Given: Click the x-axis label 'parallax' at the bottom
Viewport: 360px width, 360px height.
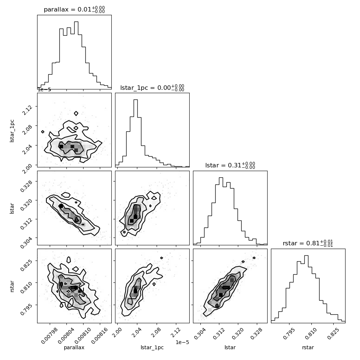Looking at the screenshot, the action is coord(74,347).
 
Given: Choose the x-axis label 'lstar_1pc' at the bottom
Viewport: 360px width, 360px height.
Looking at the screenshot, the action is coord(152,347).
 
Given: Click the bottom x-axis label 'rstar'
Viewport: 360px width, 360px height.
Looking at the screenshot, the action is coord(308,347).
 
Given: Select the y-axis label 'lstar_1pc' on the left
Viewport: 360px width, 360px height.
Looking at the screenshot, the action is coord(12,131).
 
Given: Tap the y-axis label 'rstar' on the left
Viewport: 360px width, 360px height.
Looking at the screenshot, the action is coord(12,286).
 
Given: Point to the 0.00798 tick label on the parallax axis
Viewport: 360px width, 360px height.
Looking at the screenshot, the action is coord(49,336).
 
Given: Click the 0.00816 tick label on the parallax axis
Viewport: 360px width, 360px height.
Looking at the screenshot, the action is coord(99,336).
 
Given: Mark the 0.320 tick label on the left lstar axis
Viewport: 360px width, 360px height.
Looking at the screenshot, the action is coord(27,204).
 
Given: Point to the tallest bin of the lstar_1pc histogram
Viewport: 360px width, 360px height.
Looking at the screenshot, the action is coord(136,133).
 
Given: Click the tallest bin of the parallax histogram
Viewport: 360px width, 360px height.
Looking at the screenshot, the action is coord(76,55).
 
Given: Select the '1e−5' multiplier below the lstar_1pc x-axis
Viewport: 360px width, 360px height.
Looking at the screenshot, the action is coord(182,342).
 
